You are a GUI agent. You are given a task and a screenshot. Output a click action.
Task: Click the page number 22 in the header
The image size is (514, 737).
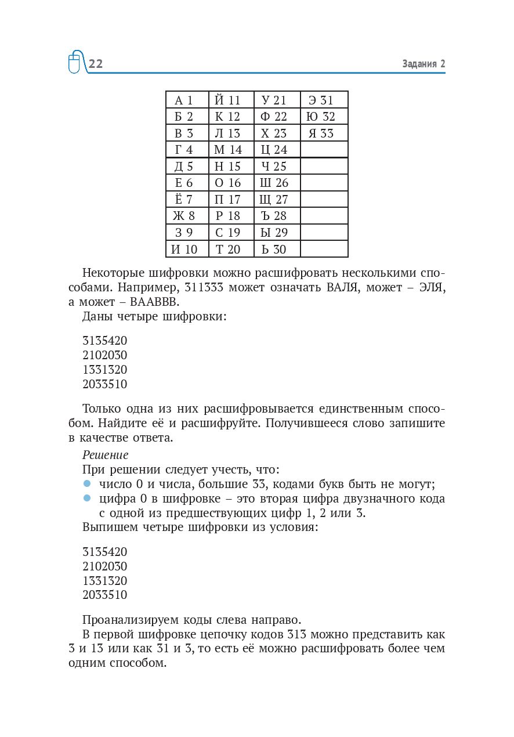[96, 64]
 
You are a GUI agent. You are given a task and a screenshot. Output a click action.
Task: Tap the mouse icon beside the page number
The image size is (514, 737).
[74, 62]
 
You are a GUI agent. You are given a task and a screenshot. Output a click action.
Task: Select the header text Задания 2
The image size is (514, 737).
[423, 64]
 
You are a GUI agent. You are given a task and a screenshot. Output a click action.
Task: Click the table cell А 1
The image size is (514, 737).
[187, 100]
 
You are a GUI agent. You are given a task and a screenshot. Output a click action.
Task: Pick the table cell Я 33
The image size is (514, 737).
[324, 133]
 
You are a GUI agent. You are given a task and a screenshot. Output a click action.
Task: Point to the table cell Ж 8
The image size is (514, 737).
[187, 216]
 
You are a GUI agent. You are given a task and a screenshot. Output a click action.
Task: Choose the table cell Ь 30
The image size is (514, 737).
[277, 250]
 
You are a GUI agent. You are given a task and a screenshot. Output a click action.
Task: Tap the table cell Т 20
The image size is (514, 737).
[231, 250]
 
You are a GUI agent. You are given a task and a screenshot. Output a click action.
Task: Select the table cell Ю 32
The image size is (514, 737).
[324, 117]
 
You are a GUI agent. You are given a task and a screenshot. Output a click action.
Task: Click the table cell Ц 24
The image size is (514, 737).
[277, 150]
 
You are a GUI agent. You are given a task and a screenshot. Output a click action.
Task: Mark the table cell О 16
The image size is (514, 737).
[231, 183]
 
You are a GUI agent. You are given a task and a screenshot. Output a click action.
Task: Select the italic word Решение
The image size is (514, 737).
[106, 455]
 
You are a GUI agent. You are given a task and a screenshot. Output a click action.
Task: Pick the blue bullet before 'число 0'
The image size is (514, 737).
[88, 483]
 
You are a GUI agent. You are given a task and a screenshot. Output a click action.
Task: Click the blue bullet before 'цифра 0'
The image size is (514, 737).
[88, 498]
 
